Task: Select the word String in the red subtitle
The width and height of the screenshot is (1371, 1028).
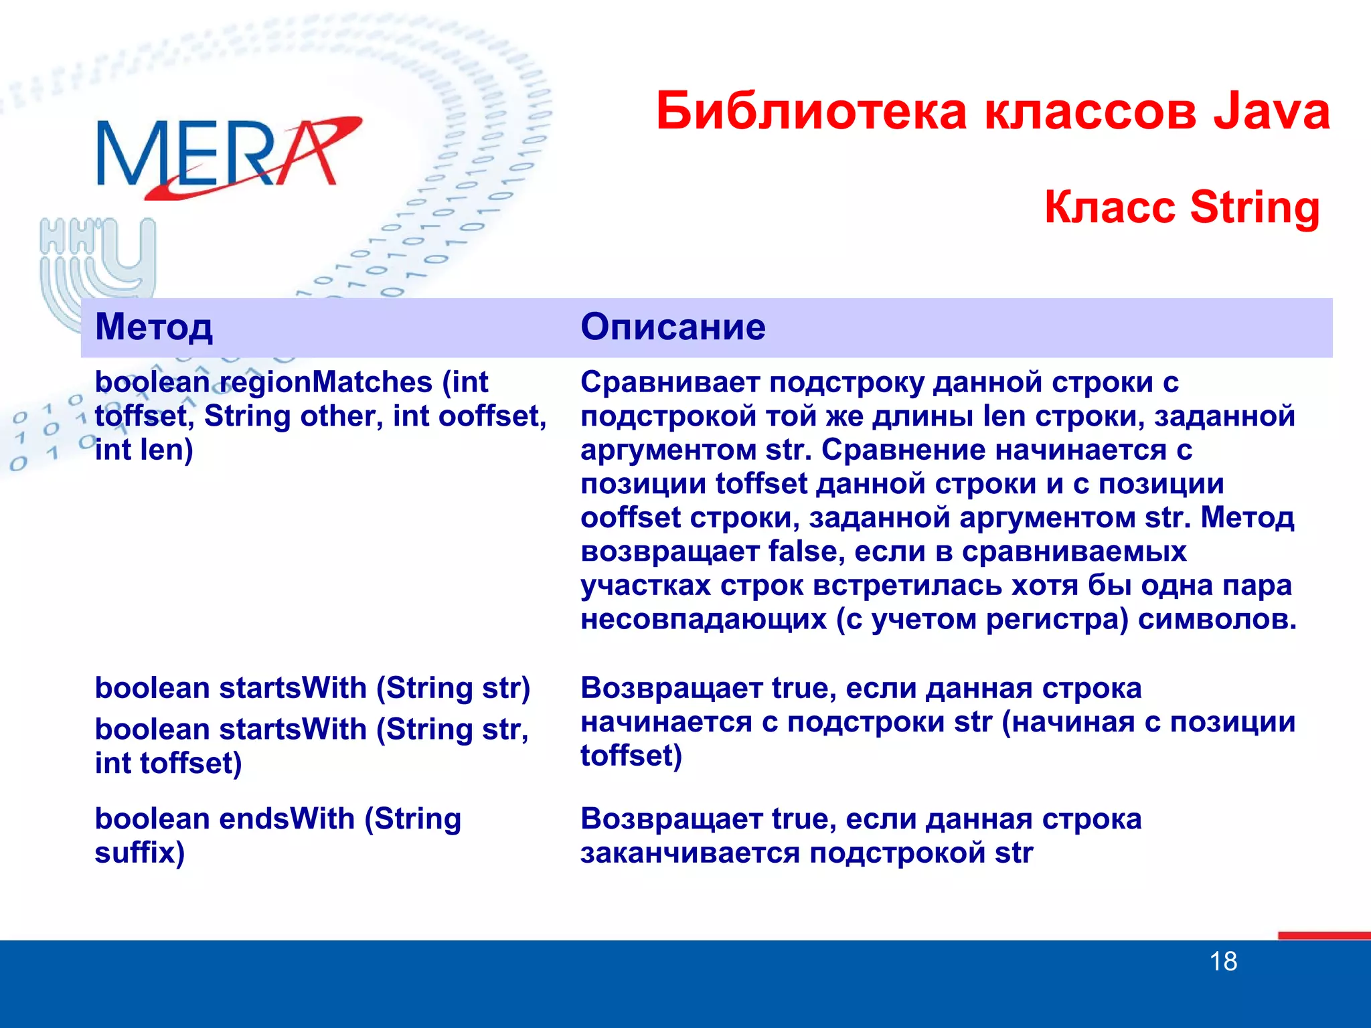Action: click(1255, 207)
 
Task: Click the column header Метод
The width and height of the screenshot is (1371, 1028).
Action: click(154, 327)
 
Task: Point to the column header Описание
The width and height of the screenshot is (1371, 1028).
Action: click(673, 327)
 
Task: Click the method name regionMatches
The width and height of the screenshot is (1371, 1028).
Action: click(326, 383)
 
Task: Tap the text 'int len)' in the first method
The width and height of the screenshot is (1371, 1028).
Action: click(144, 450)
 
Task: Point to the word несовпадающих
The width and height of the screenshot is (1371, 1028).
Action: click(704, 619)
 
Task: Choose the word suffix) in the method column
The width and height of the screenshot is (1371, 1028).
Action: click(139, 853)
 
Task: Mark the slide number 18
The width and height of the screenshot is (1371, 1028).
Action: click(1223, 962)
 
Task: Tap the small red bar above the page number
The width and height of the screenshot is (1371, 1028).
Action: click(1323, 935)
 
